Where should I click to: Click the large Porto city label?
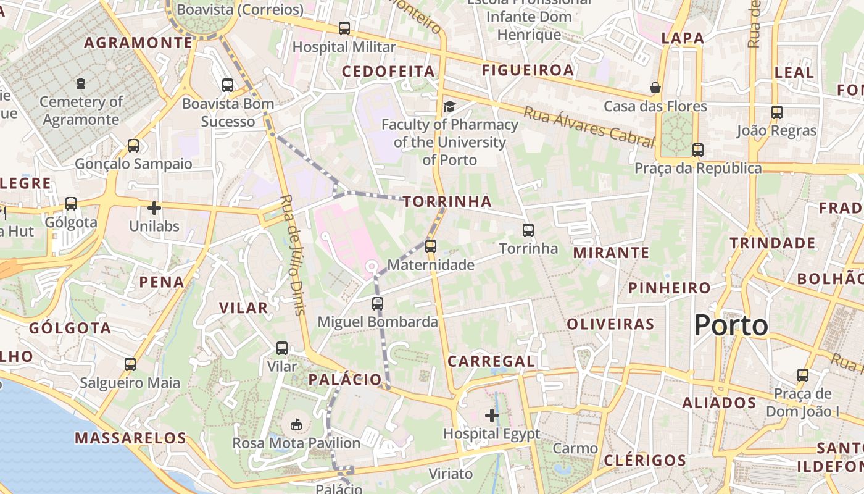pos(731,325)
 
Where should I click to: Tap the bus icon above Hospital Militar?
pos(344,28)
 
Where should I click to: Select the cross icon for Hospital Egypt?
pos(492,416)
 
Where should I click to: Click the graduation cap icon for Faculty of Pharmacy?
pos(449,107)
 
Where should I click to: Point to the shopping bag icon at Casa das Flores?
pos(655,88)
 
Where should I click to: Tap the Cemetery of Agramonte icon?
pos(80,83)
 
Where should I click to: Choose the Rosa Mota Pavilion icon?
pos(296,425)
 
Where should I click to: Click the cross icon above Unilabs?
pos(154,208)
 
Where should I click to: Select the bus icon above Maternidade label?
pos(431,246)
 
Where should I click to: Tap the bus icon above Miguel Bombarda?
pos(378,304)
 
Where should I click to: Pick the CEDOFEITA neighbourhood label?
pos(389,72)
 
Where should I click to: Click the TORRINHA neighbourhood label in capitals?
pos(447,202)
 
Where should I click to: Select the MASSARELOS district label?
pos(130,438)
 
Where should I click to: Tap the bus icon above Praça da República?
pos(698,150)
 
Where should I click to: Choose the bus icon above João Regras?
pos(777,112)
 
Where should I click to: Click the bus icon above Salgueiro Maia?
pos(130,364)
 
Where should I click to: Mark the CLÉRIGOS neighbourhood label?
pos(645,460)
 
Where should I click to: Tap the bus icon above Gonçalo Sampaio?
pos(133,146)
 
